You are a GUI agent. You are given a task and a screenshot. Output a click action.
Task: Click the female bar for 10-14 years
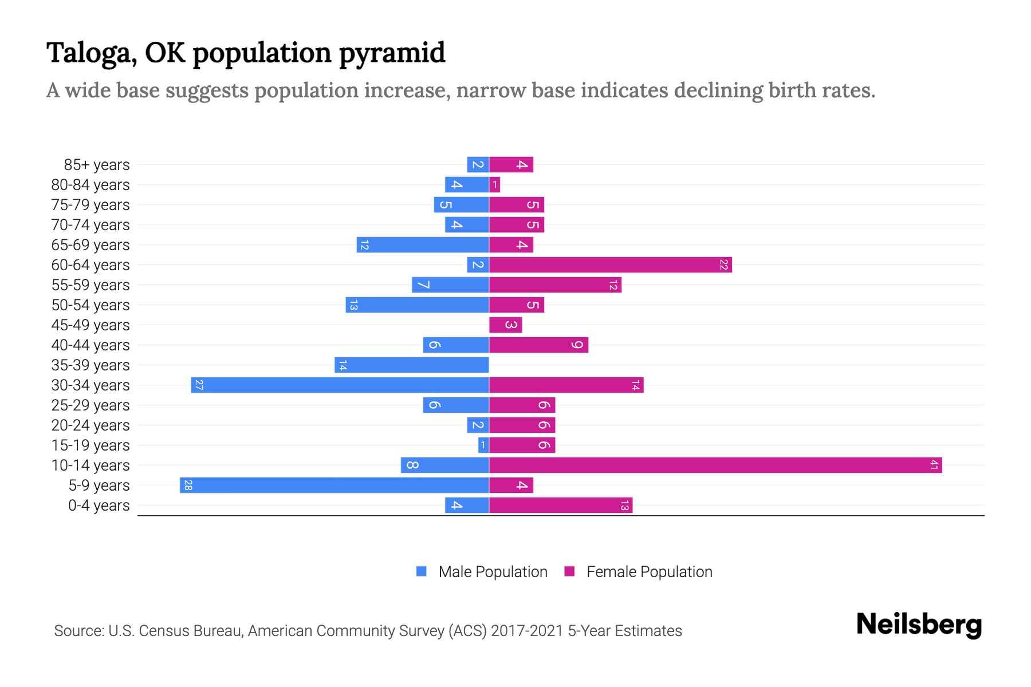coord(715,465)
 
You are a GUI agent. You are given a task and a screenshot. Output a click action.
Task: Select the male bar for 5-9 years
coord(335,485)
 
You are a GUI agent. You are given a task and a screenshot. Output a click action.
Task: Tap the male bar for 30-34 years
coord(340,385)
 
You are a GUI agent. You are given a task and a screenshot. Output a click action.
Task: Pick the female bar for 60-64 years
coord(610,265)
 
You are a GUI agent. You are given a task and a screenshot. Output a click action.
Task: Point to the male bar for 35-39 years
coord(412,365)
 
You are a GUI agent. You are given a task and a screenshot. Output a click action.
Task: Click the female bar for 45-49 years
coord(506,325)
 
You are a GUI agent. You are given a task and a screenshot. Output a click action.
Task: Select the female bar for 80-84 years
coord(495,185)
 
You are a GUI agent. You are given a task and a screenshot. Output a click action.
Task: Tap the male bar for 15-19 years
coord(483,445)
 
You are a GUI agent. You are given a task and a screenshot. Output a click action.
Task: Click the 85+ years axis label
coord(97,165)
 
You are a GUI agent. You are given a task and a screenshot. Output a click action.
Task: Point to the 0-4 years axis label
coord(99,506)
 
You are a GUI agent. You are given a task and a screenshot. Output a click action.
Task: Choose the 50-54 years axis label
coord(90,305)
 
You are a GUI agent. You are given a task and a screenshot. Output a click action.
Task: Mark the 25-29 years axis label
coord(90,405)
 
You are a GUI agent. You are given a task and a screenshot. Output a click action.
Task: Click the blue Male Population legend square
coord(422,571)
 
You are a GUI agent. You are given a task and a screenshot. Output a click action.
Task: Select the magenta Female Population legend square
coord(569,571)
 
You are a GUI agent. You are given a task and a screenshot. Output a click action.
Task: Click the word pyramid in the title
coord(392,53)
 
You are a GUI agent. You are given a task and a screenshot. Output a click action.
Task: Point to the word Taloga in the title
coord(91,53)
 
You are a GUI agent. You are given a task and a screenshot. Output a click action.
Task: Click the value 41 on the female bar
coord(934,465)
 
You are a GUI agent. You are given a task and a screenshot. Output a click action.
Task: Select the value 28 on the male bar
coord(188,485)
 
